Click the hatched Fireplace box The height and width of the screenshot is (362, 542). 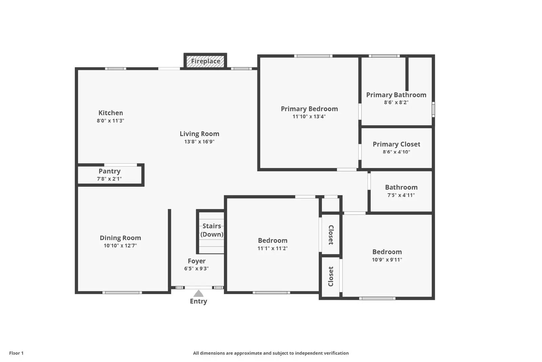click(x=205, y=61)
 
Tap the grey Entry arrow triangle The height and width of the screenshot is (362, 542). click(x=199, y=293)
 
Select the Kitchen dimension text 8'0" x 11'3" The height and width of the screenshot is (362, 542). click(x=110, y=121)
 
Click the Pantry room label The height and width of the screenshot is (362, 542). click(x=109, y=171)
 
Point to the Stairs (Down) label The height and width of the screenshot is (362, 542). click(x=212, y=230)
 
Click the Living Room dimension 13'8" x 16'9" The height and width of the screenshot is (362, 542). click(x=199, y=142)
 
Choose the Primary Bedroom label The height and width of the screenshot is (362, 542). click(x=309, y=109)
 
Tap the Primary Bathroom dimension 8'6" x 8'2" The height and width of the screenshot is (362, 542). click(x=396, y=102)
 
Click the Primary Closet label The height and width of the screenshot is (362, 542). click(x=396, y=144)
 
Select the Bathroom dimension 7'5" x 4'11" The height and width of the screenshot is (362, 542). click(x=401, y=195)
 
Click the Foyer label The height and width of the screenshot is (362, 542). click(x=196, y=261)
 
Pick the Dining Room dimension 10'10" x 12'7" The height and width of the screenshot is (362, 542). click(x=120, y=246)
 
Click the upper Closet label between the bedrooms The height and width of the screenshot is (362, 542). click(x=331, y=235)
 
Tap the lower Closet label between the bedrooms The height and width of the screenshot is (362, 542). click(x=331, y=276)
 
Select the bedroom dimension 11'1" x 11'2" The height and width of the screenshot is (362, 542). click(x=272, y=248)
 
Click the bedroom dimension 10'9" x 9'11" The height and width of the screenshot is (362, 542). click(x=387, y=260)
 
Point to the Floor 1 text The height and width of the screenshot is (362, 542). click(x=16, y=353)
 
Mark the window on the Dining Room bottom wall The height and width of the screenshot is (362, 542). click(x=122, y=292)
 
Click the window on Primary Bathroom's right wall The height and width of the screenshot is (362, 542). click(x=433, y=110)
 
